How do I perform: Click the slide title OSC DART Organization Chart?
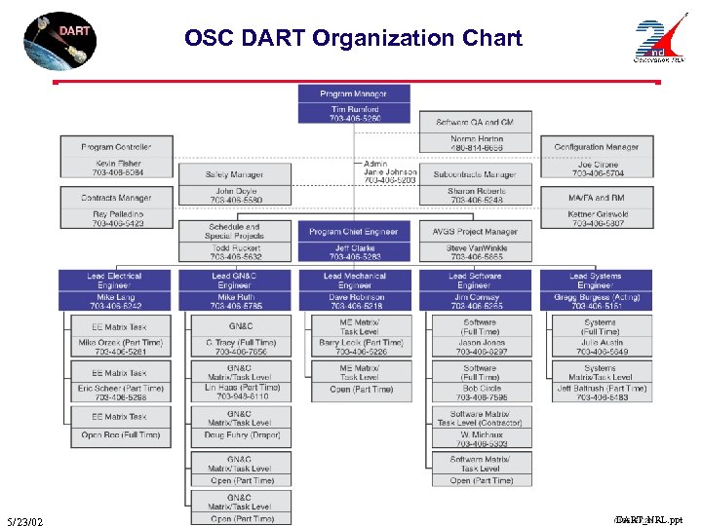click(353, 39)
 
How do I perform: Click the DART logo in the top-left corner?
click(59, 39)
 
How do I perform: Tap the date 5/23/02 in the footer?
click(23, 522)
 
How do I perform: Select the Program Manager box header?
click(353, 94)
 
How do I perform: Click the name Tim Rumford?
click(353, 109)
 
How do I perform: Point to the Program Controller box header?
click(116, 147)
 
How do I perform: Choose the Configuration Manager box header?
click(596, 147)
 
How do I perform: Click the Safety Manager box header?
click(234, 174)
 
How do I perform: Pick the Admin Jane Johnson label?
click(389, 172)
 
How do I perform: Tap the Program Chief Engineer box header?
click(353, 232)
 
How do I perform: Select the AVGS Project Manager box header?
click(475, 232)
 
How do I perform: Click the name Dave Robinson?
click(355, 297)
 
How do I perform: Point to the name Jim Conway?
click(475, 297)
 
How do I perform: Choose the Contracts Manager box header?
click(116, 198)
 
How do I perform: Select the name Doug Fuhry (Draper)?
click(234, 434)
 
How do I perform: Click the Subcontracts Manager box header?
click(476, 174)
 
